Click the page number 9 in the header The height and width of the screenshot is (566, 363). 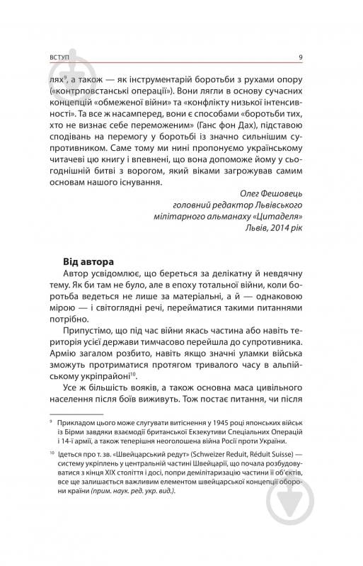(301, 58)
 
